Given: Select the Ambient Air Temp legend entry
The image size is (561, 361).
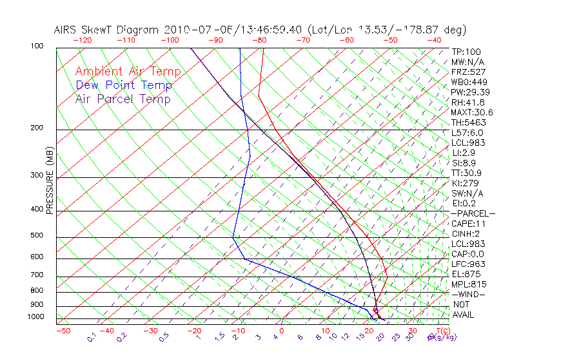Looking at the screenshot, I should pos(128,72).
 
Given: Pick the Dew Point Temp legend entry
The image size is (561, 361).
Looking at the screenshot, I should pos(123,85).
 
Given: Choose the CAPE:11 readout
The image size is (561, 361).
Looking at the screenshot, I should pos(468,224).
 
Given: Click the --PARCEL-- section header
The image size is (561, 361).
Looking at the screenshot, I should pos(473,213).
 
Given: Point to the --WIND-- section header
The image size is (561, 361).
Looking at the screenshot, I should pos(469,294).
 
